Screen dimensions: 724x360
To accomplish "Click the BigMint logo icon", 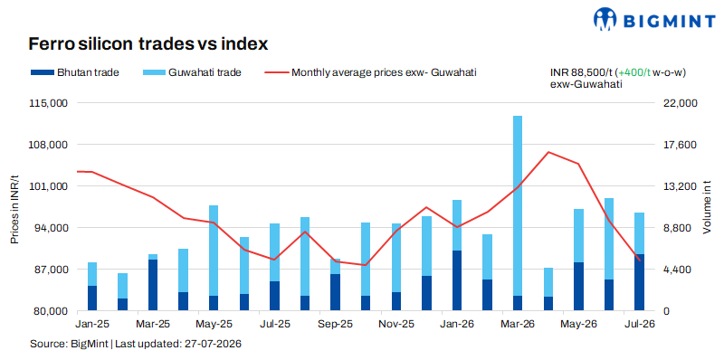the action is point(605,19).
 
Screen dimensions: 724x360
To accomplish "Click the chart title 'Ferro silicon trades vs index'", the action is point(148,43).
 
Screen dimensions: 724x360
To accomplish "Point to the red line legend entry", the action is point(370,72).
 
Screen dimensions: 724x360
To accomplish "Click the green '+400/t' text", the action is point(633,73).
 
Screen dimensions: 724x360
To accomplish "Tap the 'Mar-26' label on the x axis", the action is point(517,325).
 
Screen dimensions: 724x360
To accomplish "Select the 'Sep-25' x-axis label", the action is point(335,325).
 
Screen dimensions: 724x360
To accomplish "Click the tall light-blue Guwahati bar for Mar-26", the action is point(517,206).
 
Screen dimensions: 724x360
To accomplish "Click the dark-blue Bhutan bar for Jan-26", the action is point(457,280).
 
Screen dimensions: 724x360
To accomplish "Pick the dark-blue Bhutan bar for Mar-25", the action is point(153,285).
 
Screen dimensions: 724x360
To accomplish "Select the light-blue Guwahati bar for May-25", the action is point(214,251).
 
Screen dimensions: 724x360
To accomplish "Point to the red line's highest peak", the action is point(548,152).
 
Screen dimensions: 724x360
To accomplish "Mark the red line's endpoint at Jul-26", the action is point(639,261).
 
